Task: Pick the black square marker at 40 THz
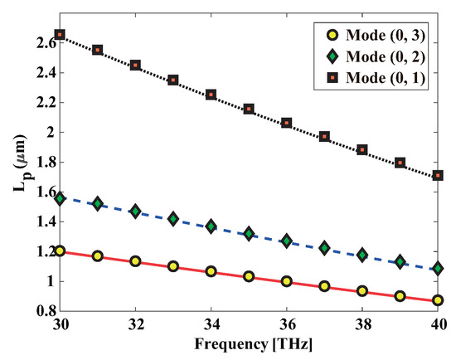(x=438, y=176)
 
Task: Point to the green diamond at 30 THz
(x=59, y=198)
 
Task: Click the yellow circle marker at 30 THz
(x=59, y=251)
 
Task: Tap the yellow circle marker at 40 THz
(x=438, y=300)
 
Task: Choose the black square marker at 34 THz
(x=211, y=95)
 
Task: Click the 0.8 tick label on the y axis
(x=41, y=311)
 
